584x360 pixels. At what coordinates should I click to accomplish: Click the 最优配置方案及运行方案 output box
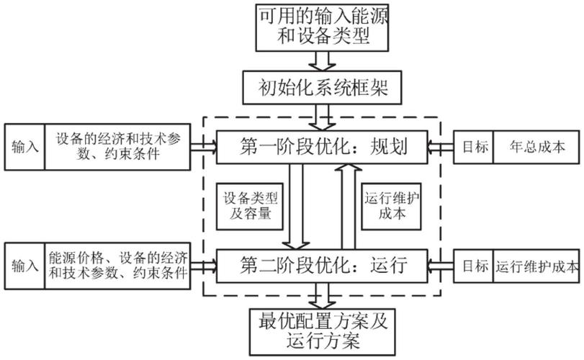tap(323, 329)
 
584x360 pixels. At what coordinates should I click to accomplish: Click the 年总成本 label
tap(536, 148)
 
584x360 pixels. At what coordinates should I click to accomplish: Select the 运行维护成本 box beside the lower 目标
tap(536, 267)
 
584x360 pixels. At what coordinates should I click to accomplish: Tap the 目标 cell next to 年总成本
tap(473, 148)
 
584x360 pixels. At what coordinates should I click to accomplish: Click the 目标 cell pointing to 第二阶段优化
tap(473, 267)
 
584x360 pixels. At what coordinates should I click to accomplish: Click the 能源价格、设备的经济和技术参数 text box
tap(119, 266)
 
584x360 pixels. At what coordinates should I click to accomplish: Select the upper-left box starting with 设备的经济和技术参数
tap(118, 146)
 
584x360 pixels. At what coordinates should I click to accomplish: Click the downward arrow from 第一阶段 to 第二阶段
tap(295, 205)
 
